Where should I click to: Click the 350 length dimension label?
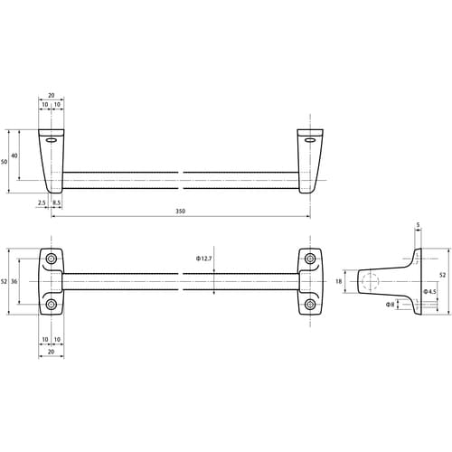(x=180, y=211)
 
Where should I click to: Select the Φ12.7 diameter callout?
(x=204, y=259)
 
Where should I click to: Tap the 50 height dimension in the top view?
(x=4, y=162)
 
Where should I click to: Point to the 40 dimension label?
(x=14, y=155)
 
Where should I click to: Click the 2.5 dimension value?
(x=42, y=202)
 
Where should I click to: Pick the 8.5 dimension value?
(x=56, y=202)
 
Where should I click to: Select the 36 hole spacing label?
(x=14, y=281)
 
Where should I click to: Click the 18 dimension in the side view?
(x=339, y=281)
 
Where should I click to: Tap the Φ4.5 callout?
(x=429, y=291)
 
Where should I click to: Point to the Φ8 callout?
(x=391, y=305)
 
